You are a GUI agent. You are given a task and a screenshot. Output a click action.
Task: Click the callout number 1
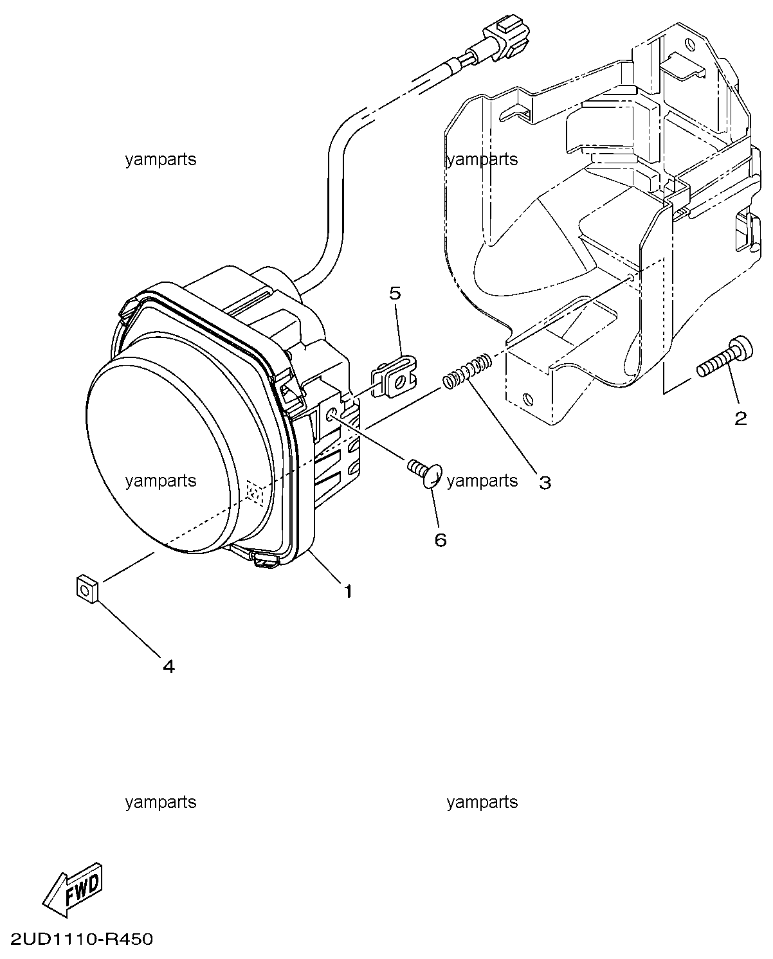click(x=349, y=592)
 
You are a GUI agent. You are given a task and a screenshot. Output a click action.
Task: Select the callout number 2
click(x=740, y=418)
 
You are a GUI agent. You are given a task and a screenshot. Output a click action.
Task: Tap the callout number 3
click(x=545, y=483)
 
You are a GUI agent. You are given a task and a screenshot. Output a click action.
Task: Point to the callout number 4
click(x=169, y=679)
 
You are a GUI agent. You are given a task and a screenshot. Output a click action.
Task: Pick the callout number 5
click(x=396, y=294)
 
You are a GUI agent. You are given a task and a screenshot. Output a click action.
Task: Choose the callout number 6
click(x=441, y=541)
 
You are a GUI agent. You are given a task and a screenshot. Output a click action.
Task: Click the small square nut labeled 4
click(x=87, y=590)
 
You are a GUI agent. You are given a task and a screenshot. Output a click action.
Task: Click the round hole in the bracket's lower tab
click(x=528, y=399)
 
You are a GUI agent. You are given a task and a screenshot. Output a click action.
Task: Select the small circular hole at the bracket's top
click(x=689, y=46)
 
